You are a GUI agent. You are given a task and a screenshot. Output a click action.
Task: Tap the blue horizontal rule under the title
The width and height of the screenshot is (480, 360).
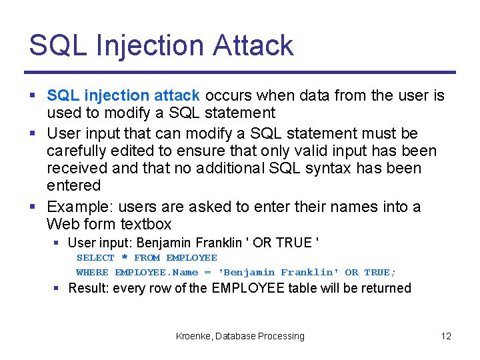click(x=240, y=72)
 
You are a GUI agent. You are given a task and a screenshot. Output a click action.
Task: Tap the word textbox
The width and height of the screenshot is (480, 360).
click(x=145, y=224)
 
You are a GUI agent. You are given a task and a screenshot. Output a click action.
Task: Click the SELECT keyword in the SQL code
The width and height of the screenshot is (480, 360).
click(x=95, y=257)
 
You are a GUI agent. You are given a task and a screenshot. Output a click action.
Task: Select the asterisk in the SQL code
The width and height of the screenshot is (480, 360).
click(x=124, y=258)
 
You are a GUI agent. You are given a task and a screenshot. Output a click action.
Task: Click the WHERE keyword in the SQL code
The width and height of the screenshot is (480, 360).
click(x=92, y=272)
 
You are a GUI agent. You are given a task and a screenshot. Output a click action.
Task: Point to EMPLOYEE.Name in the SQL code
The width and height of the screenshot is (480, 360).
click(x=156, y=272)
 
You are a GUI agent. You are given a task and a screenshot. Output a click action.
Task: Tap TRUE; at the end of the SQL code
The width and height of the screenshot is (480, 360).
click(x=380, y=272)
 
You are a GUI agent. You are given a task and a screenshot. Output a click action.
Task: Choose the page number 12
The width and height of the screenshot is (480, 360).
click(x=446, y=337)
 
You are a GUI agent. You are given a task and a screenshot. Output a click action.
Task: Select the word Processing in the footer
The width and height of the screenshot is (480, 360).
click(x=282, y=337)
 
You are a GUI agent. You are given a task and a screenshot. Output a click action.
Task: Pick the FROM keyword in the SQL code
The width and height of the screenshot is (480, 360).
click(x=147, y=257)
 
